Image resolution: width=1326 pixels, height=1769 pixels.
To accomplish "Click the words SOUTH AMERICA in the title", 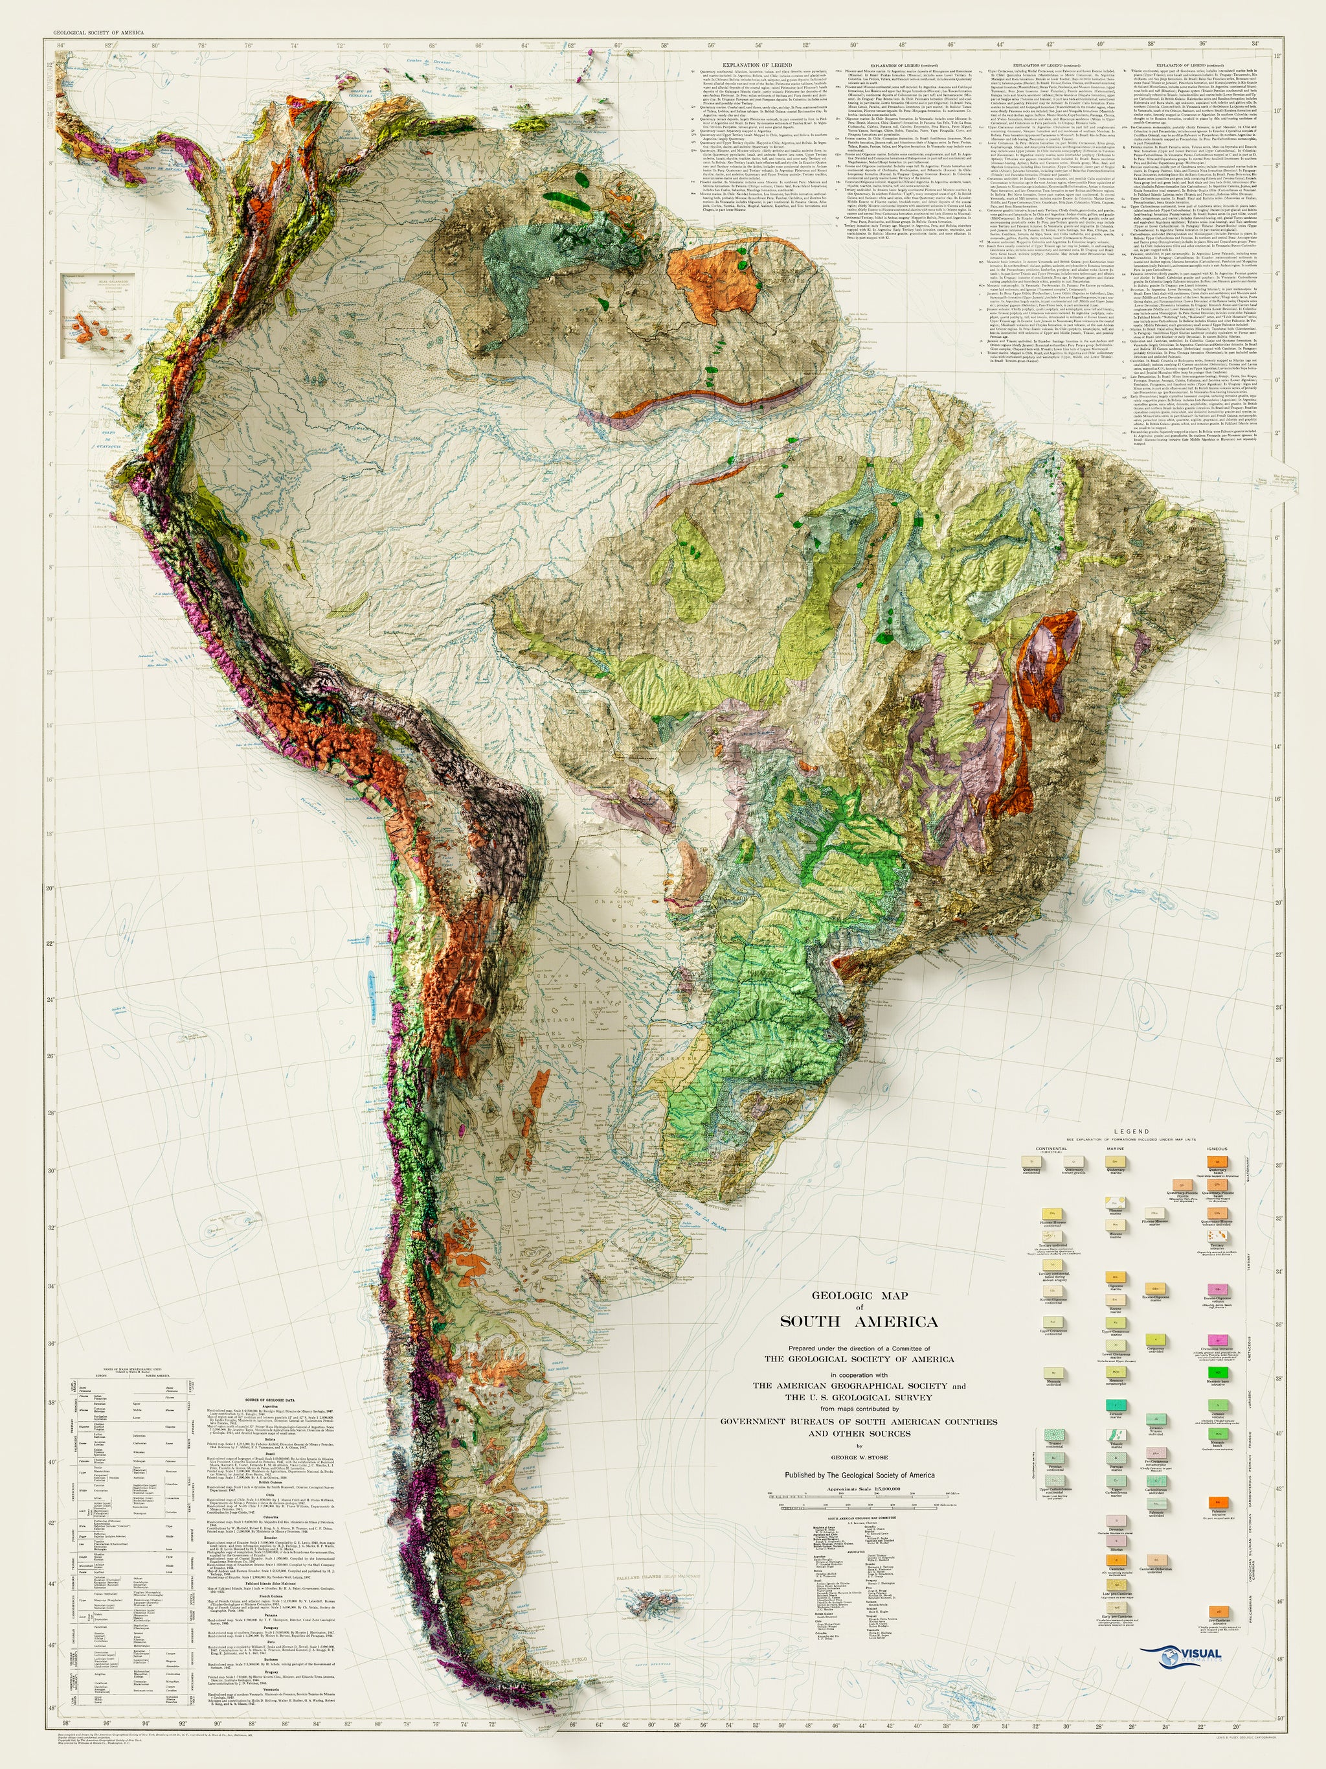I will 859,1321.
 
